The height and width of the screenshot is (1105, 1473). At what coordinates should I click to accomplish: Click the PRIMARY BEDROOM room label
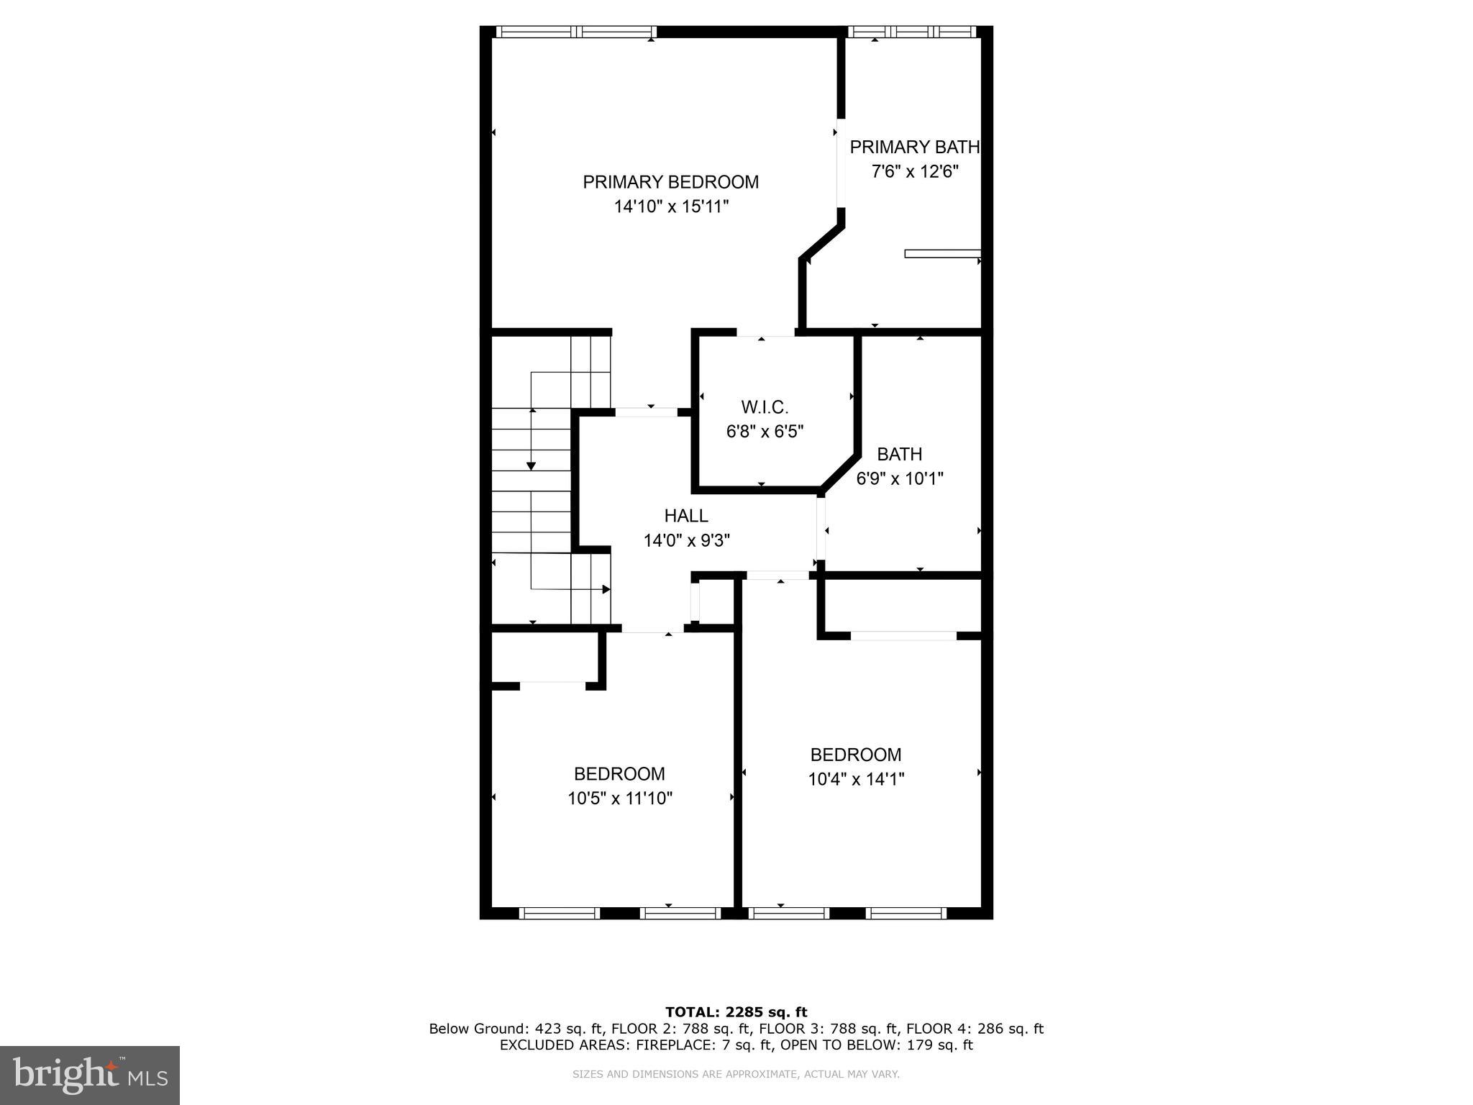(670, 182)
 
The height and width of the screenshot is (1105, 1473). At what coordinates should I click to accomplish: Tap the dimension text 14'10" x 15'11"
(670, 207)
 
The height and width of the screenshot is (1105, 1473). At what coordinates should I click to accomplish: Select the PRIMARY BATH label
(914, 147)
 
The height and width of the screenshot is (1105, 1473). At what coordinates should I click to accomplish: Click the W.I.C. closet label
(765, 407)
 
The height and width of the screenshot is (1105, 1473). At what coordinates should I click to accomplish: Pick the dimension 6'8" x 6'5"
(765, 432)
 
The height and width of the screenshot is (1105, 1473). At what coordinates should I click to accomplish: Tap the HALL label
(686, 516)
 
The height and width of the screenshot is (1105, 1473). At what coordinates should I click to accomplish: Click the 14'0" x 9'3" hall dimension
(686, 540)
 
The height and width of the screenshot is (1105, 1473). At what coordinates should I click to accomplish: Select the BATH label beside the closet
(899, 454)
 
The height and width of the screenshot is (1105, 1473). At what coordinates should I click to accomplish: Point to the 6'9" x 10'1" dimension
(899, 478)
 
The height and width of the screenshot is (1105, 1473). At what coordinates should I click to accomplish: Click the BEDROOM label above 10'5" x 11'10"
(619, 774)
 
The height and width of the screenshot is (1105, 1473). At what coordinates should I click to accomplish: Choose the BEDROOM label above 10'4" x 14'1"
(855, 755)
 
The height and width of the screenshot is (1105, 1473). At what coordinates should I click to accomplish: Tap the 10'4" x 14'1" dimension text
(855, 779)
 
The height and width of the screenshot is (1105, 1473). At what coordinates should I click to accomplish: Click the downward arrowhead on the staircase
(531, 465)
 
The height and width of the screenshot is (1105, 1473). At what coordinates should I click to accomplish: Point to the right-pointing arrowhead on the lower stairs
(606, 589)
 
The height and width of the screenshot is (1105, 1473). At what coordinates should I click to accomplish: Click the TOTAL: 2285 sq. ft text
(736, 1012)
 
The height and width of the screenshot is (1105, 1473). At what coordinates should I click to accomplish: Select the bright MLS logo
(90, 1076)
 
